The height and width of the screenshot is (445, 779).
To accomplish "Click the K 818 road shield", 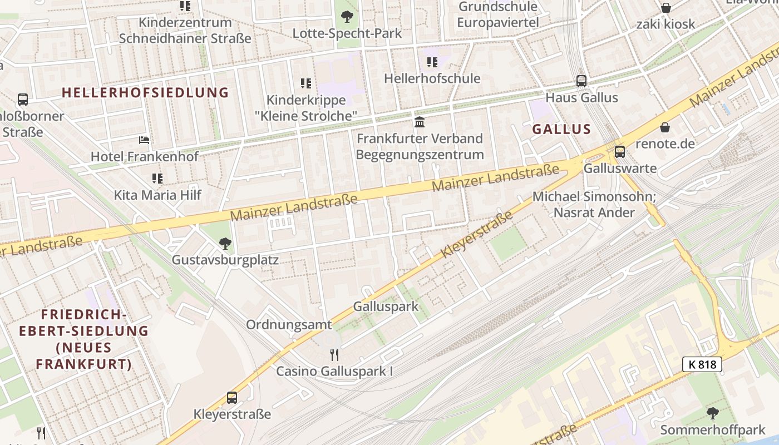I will (702, 364).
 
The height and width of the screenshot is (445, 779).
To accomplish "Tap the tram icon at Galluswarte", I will (619, 151).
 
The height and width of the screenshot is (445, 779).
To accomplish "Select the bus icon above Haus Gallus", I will (581, 81).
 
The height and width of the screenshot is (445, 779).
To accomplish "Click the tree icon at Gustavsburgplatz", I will (225, 243).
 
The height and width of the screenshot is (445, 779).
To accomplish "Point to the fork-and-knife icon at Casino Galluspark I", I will (334, 354).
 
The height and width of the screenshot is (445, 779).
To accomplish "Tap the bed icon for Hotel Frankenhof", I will (144, 140).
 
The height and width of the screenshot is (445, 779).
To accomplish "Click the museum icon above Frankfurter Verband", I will (420, 122).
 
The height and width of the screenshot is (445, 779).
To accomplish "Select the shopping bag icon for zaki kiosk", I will (665, 8).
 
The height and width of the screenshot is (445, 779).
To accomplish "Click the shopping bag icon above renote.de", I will (665, 127).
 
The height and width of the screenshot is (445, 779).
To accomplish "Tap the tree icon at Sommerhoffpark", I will (712, 413).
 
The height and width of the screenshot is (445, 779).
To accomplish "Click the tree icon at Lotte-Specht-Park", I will (347, 17).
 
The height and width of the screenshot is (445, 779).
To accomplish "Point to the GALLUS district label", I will (561, 129).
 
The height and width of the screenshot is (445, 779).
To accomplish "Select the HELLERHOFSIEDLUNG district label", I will (145, 92).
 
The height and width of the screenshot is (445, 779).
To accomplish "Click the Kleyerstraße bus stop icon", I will (232, 398).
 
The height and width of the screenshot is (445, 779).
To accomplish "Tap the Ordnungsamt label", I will (289, 324).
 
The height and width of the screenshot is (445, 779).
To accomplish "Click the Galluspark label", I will (386, 306).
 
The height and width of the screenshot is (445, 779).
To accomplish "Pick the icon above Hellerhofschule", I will (432, 62).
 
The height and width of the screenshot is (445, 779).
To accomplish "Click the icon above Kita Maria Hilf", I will (157, 179).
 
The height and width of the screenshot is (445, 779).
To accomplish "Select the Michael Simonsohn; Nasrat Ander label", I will (594, 204).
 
